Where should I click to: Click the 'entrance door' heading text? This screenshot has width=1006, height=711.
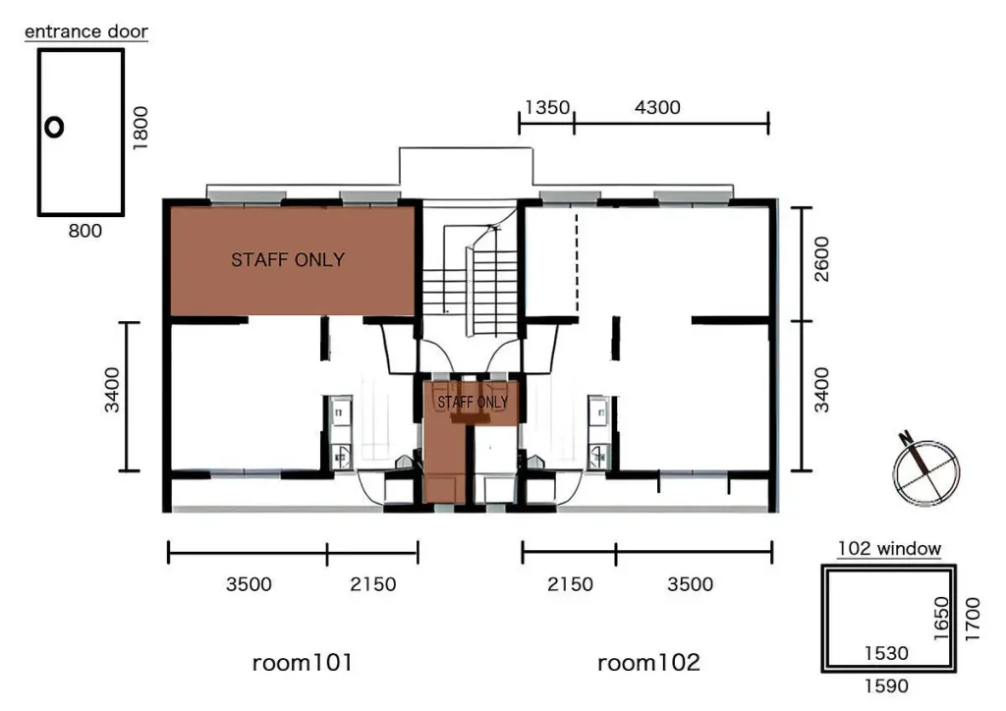click(x=86, y=31)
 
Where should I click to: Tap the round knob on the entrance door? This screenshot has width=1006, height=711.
click(x=55, y=128)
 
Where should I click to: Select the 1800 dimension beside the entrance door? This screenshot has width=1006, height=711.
click(x=140, y=129)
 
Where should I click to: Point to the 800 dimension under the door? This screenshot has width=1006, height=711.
click(x=84, y=231)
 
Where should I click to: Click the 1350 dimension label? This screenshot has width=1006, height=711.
click(x=547, y=107)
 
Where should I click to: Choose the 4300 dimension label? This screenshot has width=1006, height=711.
click(x=657, y=107)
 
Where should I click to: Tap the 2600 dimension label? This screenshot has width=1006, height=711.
click(x=821, y=259)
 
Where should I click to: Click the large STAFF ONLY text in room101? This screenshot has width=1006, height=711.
click(x=288, y=259)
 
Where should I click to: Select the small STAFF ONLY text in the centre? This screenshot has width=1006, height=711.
click(x=473, y=402)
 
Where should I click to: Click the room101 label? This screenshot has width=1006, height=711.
click(x=303, y=662)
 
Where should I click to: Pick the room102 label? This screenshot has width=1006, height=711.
click(x=648, y=662)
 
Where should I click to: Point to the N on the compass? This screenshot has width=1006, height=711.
click(x=906, y=439)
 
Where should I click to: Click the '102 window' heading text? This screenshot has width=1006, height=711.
click(x=889, y=549)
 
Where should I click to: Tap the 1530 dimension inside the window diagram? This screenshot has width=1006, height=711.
click(x=886, y=653)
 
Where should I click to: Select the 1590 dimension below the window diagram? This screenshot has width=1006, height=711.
click(x=886, y=686)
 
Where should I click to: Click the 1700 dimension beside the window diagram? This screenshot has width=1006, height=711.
click(x=973, y=620)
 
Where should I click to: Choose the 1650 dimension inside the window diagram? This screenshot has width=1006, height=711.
click(x=940, y=619)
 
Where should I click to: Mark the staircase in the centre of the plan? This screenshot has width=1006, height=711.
click(x=471, y=269)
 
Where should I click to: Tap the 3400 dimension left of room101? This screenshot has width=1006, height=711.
click(x=112, y=390)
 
